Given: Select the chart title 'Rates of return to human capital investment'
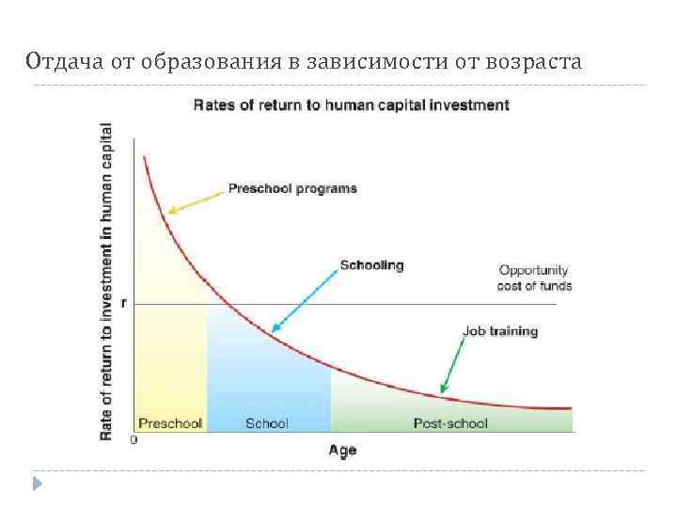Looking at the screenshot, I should tap(351, 105).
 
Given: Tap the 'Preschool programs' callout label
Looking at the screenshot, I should tap(292, 188).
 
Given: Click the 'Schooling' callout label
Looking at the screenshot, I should tap(371, 265).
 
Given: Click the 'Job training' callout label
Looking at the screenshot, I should tap(499, 331).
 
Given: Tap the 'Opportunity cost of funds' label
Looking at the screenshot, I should tap(534, 278).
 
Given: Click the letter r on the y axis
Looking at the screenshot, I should tap(124, 303).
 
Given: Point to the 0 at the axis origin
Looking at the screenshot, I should tap(133, 438).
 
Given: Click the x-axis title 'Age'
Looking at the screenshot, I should tap(343, 451).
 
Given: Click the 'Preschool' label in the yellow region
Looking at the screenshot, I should tap(170, 423).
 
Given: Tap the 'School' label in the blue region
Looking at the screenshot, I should tap(267, 423).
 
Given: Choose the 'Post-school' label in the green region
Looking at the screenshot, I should tap(450, 423).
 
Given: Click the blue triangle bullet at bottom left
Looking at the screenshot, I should tap(37, 484).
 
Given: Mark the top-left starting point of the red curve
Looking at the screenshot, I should tap(144, 156).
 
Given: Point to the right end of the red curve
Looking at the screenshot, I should tap(571, 408).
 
